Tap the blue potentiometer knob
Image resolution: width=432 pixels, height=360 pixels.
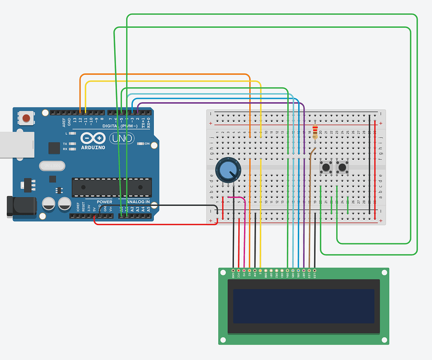pyautogui.click(x=226, y=170)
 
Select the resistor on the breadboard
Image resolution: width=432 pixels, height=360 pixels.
pyautogui.click(x=315, y=132)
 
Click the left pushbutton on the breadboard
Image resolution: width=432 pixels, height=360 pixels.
pyautogui.click(x=327, y=168)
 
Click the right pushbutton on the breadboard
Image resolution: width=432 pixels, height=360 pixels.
pyautogui.click(x=342, y=168)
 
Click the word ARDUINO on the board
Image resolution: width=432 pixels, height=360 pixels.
pyautogui.click(x=93, y=147)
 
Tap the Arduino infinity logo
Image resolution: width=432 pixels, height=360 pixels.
pyautogui.click(x=93, y=138)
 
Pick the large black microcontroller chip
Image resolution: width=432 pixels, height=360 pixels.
pyautogui.click(x=111, y=187)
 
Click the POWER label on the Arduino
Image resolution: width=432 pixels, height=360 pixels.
pyautogui.click(x=105, y=202)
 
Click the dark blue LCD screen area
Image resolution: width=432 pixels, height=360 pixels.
pyautogui.click(x=304, y=306)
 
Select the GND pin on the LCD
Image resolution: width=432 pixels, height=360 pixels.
pyautogui.click(x=234, y=271)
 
